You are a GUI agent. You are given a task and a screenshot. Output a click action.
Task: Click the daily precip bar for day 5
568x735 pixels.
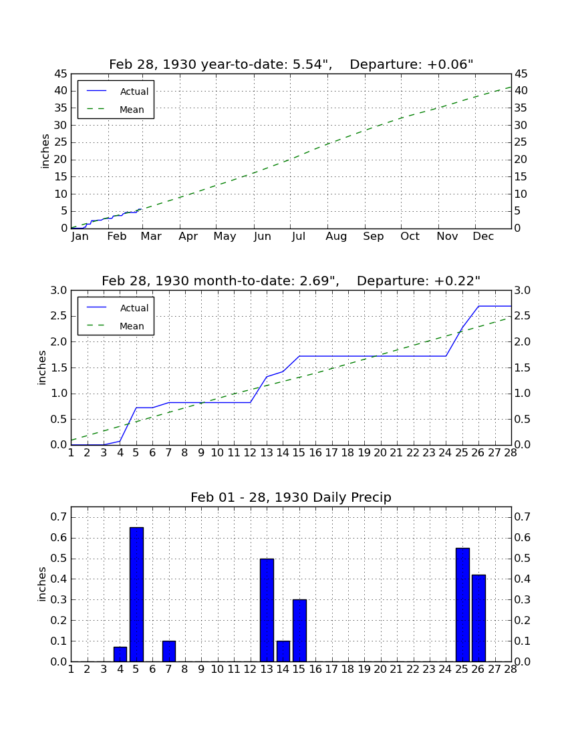(x=136, y=595)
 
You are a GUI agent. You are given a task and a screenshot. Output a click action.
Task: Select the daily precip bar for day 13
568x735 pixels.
(x=267, y=610)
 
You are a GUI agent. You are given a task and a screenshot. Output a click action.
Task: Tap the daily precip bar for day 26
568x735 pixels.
(x=478, y=618)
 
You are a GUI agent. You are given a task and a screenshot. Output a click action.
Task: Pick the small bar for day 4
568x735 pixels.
(x=120, y=654)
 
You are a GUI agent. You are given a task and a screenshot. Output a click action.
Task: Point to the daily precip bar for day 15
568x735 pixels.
(x=299, y=631)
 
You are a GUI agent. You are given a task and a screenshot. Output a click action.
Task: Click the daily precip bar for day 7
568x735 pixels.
(x=168, y=651)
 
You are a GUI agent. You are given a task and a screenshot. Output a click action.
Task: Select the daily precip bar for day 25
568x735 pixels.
(x=462, y=605)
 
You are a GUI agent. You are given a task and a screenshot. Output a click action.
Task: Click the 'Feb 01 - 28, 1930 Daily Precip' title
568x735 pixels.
(x=291, y=497)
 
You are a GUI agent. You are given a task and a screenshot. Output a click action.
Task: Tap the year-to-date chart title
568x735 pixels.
(x=291, y=64)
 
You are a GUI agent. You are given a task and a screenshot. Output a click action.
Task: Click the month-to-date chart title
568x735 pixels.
(x=291, y=281)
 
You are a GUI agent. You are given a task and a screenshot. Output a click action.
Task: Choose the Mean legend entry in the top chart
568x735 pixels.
(x=116, y=110)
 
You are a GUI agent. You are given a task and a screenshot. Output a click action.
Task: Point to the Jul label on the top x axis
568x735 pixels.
(x=299, y=237)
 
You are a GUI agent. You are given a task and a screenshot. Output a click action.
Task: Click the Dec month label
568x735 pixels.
(x=483, y=237)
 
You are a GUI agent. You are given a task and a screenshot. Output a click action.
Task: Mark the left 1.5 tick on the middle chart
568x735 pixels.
(x=59, y=368)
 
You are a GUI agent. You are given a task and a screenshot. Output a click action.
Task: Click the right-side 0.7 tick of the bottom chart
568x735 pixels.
(x=523, y=517)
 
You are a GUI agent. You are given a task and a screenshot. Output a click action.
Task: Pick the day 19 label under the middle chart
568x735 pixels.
(x=364, y=453)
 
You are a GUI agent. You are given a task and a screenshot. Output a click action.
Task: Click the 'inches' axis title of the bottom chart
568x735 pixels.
(x=42, y=584)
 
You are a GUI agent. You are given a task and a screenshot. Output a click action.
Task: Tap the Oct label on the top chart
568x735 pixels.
(x=410, y=237)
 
